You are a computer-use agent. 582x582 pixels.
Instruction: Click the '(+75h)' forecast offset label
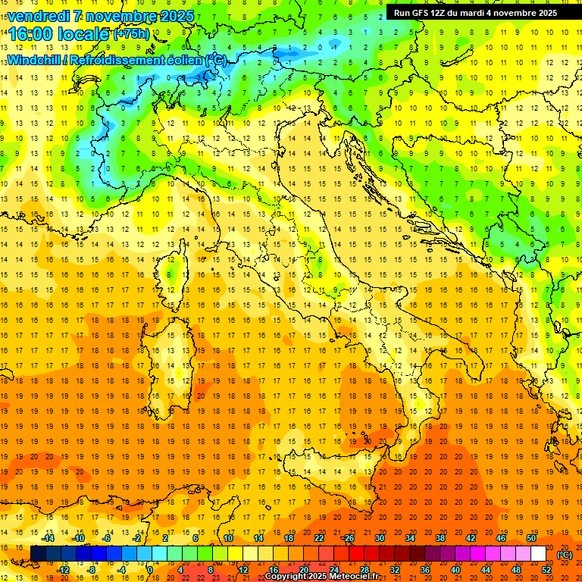132,34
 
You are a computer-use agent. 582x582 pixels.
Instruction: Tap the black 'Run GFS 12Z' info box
475,13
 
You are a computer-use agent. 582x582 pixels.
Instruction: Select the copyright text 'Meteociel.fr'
359,577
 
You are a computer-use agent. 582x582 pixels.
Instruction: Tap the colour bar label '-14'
48,538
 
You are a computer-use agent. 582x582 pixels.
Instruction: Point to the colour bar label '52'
546,570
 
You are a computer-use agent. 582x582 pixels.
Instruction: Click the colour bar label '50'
530,538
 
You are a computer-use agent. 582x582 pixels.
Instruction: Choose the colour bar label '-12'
64,570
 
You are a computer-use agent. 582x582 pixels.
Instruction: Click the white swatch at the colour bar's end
538,554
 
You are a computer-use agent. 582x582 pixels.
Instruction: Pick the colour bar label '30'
379,538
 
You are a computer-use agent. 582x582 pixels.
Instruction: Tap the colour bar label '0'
150,570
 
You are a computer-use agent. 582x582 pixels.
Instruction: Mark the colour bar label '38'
440,538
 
